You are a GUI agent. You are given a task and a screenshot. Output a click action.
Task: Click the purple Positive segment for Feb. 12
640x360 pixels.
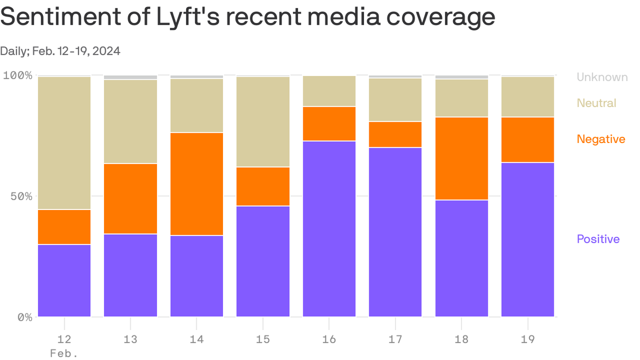coord(64,280)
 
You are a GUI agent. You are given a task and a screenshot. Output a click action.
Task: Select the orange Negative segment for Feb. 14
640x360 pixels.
coord(197,184)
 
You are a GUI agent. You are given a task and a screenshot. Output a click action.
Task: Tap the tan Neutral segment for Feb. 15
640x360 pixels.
coord(263,121)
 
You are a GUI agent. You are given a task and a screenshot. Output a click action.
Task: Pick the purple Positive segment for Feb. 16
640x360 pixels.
coord(329,229)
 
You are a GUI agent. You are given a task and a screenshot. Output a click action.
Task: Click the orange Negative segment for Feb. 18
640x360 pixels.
coord(461,158)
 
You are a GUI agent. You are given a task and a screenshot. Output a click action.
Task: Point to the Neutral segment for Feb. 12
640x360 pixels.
coord(64,142)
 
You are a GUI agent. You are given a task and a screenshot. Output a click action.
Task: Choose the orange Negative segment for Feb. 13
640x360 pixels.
coord(130,198)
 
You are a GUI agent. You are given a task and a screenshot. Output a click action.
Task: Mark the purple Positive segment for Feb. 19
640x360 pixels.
coord(528,239)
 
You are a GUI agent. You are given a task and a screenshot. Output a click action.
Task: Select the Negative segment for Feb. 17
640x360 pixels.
coord(395,135)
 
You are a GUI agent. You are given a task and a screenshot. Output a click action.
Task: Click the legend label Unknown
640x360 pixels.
coord(602,77)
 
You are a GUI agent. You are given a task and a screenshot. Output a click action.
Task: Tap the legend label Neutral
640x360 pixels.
coord(596,103)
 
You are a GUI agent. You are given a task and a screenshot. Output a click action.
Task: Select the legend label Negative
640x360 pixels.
coord(601,139)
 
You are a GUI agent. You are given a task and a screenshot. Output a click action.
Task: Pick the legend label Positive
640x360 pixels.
coord(598,239)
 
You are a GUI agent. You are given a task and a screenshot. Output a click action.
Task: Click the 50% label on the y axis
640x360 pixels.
coord(21,196)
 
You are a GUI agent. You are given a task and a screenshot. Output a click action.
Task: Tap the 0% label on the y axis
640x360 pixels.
coord(24,317)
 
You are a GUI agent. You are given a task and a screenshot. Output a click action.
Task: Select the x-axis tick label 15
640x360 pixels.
coord(263,338)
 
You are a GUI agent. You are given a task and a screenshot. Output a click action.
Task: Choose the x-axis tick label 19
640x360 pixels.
coord(528,338)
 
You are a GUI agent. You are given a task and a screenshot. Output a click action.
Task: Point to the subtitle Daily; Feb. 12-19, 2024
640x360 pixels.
coord(60,51)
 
